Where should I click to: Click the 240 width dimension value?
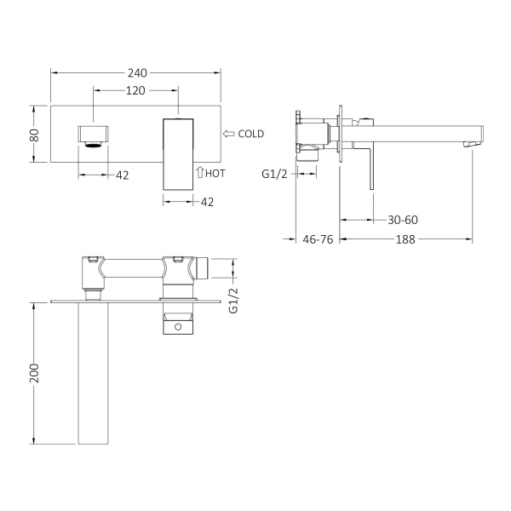(137, 73)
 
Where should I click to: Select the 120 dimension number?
(135, 90)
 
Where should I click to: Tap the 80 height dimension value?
(34, 135)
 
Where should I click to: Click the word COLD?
(251, 134)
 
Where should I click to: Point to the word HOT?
(215, 174)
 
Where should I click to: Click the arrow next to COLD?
(229, 134)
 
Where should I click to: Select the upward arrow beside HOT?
(200, 172)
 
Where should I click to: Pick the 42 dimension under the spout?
(122, 175)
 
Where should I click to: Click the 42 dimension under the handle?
(207, 202)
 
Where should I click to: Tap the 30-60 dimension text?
(403, 220)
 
